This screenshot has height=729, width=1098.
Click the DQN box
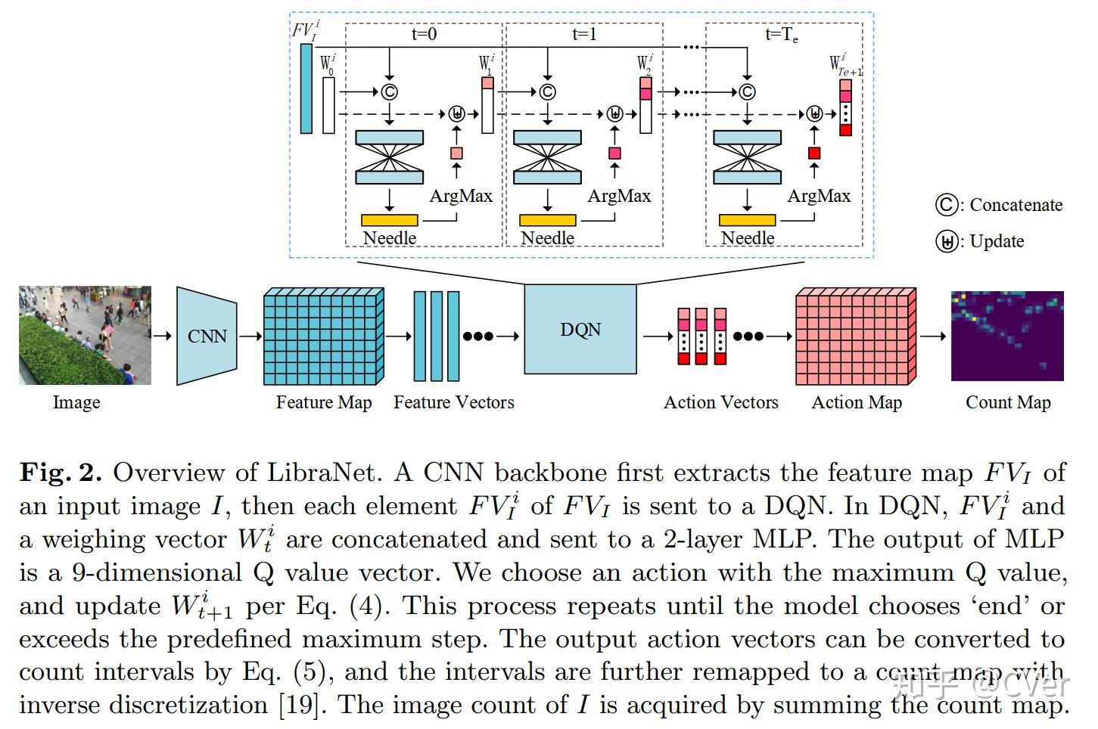point(580,330)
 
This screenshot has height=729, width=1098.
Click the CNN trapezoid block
point(207,336)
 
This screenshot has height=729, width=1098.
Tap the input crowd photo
point(85,335)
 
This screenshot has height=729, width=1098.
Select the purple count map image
point(1006,336)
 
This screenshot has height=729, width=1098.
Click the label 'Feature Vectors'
point(453,402)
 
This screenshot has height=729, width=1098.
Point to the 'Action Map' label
point(857,402)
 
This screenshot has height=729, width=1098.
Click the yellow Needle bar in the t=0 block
point(389,220)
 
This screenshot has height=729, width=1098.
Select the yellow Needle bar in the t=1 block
point(547,220)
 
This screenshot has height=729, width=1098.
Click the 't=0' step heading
point(424,34)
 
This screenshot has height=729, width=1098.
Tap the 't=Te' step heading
point(782,34)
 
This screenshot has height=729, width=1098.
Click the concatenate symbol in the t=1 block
point(547,92)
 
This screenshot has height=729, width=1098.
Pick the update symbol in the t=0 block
point(456,114)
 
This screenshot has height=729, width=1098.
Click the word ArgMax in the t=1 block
point(619,196)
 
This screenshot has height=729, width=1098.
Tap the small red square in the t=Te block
point(814,154)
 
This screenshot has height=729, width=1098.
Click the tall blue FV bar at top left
point(306,88)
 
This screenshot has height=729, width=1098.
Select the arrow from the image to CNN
point(162,336)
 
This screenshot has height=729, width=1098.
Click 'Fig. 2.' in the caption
point(61,473)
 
